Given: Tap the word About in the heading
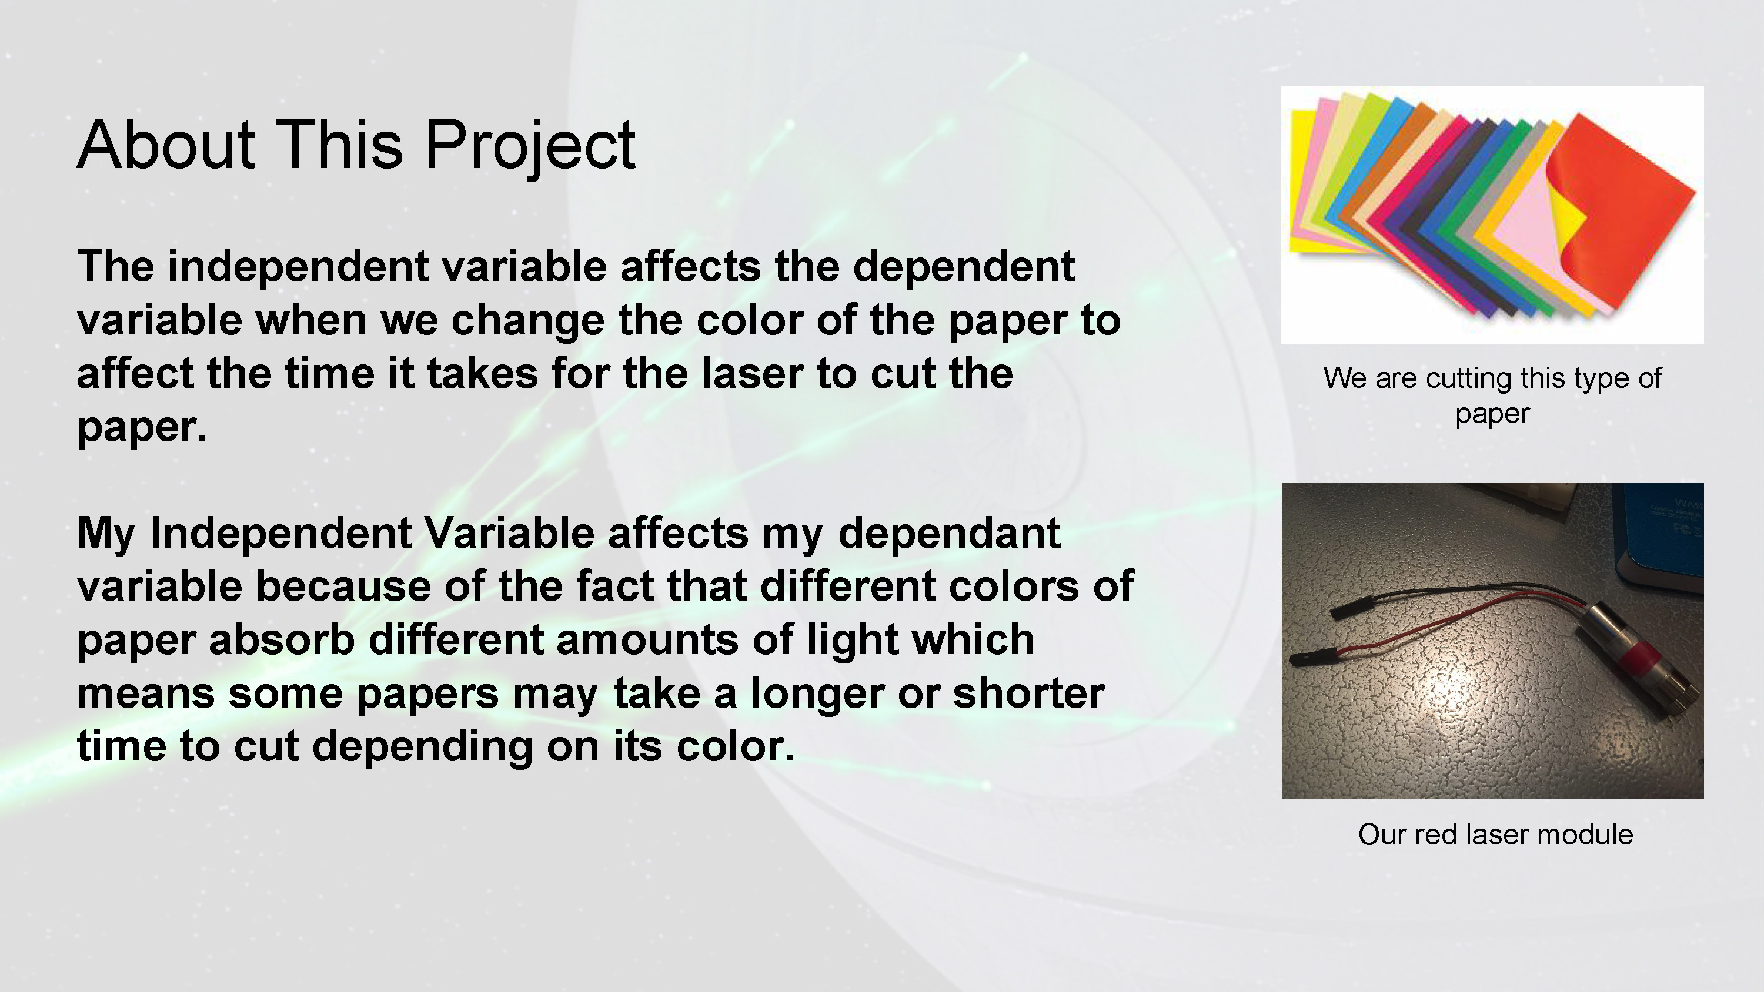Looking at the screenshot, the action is point(166,145).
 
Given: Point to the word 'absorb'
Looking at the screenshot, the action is point(282,639).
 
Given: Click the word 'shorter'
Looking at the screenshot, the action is point(1028,693).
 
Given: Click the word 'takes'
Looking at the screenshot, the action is point(483,374).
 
